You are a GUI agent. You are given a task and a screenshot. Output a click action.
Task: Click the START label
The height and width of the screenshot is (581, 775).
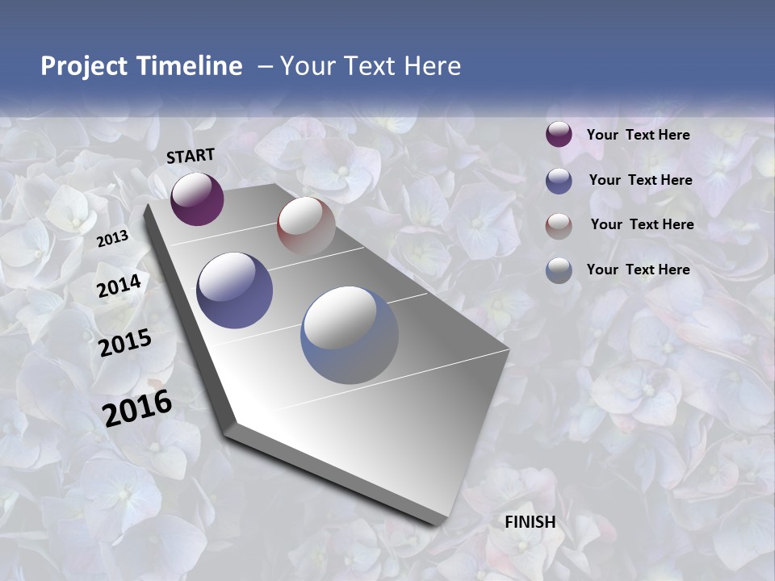tap(191, 155)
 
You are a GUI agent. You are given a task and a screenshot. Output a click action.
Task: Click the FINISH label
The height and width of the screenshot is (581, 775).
tap(530, 522)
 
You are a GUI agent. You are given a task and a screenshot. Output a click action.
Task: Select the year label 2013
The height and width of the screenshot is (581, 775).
tap(112, 238)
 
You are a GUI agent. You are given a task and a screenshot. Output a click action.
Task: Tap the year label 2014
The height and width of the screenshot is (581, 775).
tap(119, 286)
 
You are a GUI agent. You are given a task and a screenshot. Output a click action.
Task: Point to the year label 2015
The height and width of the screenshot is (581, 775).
tap(125, 343)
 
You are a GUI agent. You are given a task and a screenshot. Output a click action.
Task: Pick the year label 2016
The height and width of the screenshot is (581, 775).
tap(137, 408)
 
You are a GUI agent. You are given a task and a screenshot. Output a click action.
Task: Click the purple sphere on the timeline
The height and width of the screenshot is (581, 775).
tap(197, 199)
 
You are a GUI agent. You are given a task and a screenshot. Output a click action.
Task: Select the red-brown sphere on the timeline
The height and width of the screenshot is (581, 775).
tap(306, 226)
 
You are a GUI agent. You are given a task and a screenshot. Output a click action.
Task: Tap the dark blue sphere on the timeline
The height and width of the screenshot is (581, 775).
tap(235, 290)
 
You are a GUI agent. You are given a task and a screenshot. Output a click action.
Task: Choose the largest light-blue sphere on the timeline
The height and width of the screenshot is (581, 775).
tap(350, 335)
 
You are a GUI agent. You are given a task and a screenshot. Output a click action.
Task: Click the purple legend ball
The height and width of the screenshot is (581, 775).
tap(559, 135)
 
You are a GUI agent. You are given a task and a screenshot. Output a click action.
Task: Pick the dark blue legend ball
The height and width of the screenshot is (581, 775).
tap(559, 181)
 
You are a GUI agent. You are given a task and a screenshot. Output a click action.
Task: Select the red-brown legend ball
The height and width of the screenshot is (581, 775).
tap(559, 225)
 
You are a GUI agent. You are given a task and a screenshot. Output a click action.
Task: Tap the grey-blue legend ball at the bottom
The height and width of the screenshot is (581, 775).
tap(559, 270)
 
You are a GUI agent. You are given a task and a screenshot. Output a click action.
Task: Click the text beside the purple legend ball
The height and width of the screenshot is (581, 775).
tap(638, 135)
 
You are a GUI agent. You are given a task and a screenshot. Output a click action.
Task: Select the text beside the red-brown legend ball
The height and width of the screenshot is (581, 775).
tap(642, 224)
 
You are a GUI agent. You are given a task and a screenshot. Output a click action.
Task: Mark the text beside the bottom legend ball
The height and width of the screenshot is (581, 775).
tap(638, 270)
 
